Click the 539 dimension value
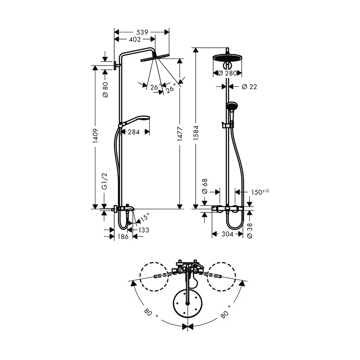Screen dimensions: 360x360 [142, 32]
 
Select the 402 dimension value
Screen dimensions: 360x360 [135, 40]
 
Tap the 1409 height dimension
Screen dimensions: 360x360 [95, 136]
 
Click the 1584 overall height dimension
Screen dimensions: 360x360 [196, 133]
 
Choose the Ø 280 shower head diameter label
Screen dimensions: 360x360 [227, 73]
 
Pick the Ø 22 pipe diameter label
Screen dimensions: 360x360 [250, 86]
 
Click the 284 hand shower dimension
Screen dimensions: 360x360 [134, 132]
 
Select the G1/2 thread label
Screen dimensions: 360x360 [104, 181]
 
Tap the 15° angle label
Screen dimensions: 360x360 [144, 217]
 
